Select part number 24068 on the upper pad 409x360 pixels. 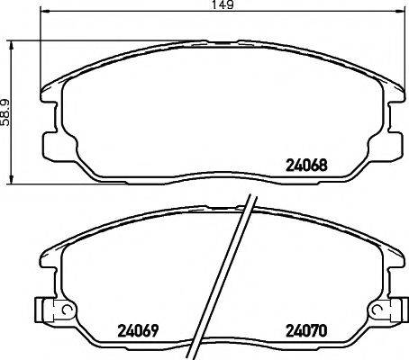tap(305, 165)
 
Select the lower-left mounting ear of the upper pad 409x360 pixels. tap(52, 143)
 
